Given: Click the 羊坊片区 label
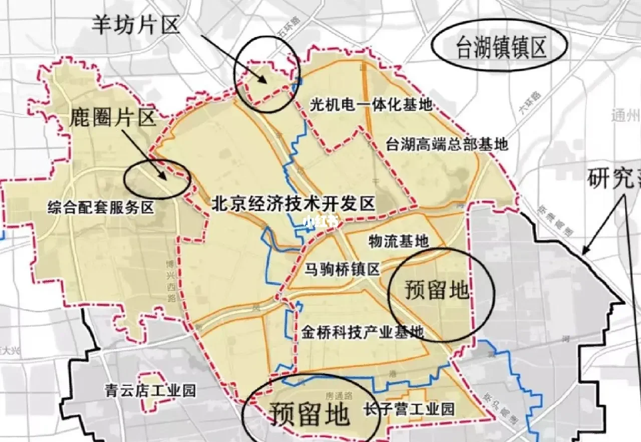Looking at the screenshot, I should point(135,25).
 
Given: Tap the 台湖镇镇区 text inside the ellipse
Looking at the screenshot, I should point(500,49).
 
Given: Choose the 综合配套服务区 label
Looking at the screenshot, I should point(101,207).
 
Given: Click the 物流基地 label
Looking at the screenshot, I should point(398,242).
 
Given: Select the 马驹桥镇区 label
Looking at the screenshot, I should point(343,270).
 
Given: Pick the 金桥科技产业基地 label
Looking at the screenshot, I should point(363,332).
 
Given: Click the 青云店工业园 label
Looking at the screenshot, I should point(150,390).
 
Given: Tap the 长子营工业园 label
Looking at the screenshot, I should point(410,409).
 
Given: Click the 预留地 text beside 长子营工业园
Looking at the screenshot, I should point(309,413).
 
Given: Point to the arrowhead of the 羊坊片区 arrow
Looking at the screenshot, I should point(266,80).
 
